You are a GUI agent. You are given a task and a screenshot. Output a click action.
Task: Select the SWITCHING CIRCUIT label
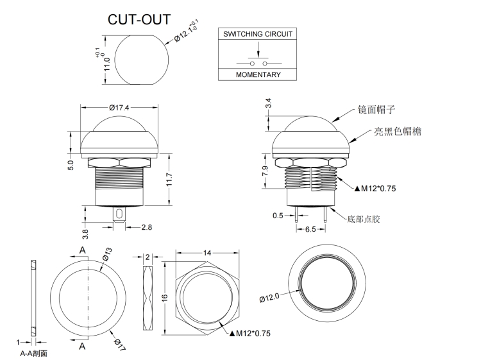point(257,33)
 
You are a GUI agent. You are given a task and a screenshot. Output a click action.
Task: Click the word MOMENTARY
point(258,74)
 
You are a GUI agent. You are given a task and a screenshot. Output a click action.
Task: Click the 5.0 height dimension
point(71,165)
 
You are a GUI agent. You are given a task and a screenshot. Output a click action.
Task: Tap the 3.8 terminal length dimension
point(85,228)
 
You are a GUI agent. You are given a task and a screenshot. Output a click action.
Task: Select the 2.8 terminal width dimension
point(146,227)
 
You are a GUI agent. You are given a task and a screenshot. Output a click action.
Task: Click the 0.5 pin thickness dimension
point(278,216)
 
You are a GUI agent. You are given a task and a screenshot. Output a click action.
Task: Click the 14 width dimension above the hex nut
point(207,253)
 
